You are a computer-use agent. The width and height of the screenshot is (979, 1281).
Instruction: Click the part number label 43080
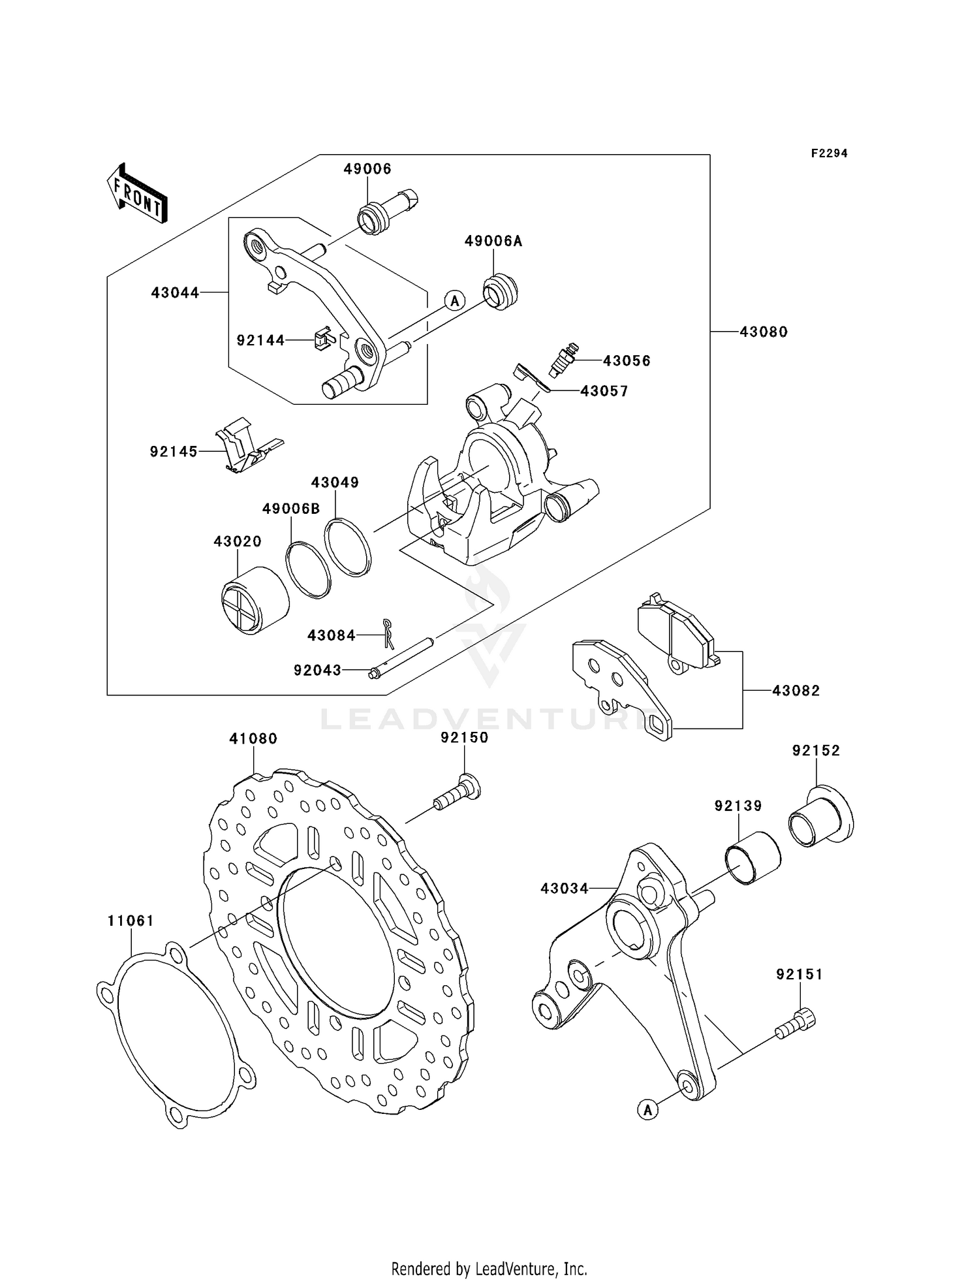(x=763, y=332)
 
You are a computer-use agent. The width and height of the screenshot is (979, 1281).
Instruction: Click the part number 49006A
(x=493, y=242)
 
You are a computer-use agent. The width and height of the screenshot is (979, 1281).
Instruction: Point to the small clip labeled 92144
(x=323, y=339)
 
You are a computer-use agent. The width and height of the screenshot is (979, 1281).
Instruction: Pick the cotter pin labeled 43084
(x=388, y=634)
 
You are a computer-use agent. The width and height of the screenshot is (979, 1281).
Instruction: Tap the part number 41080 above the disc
(x=253, y=738)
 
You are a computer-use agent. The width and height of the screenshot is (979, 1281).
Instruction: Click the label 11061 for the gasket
(x=131, y=921)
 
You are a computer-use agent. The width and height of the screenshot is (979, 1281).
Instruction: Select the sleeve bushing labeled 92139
(x=753, y=857)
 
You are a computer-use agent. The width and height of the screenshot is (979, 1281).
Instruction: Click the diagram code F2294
(x=829, y=153)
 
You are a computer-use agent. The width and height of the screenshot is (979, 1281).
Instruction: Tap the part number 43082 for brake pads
(x=796, y=691)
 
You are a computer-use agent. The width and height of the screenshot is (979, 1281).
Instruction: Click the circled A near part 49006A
(x=455, y=300)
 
